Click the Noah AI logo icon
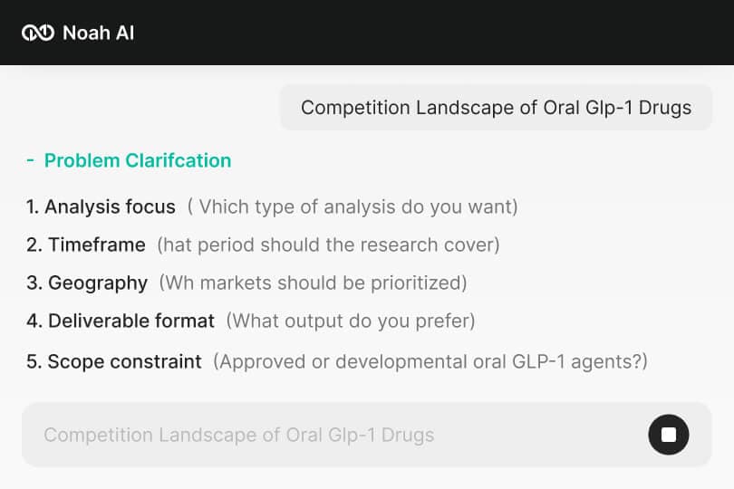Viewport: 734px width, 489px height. (38, 34)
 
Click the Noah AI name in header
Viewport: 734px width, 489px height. (98, 34)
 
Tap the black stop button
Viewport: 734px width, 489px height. (669, 435)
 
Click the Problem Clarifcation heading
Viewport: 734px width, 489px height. (138, 160)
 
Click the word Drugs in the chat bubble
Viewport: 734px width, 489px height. (664, 108)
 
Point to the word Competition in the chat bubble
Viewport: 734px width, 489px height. (355, 108)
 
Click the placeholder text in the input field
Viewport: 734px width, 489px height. (238, 435)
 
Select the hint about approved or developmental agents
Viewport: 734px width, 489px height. (430, 361)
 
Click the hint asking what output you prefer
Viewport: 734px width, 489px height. (351, 321)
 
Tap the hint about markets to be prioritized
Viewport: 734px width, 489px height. (313, 283)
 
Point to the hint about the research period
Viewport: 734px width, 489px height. (328, 244)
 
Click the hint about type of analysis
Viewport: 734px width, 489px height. (353, 206)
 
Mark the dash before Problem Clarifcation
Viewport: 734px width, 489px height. (31, 160)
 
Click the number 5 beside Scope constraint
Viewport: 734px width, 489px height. (33, 361)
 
